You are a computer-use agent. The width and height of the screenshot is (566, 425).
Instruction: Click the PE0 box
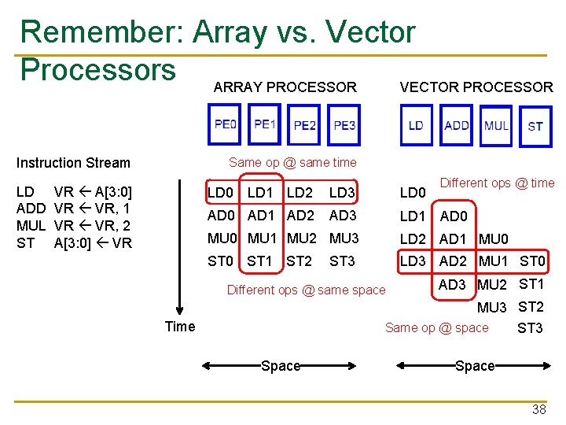226,124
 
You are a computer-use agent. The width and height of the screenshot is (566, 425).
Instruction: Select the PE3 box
344,125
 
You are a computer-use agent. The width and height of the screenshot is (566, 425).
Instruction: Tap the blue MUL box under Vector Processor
496,125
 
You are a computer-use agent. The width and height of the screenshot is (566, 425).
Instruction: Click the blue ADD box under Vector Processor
457,125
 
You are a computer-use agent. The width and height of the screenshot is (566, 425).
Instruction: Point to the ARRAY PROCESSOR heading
285,87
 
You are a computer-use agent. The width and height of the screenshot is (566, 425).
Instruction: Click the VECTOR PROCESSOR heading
476,87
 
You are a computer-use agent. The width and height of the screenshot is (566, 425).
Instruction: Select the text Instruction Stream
73,163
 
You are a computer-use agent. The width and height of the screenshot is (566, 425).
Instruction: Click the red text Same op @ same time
292,163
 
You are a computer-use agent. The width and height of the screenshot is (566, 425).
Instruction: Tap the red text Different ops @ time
497,183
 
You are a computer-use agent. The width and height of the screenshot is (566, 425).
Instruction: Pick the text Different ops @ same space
306,290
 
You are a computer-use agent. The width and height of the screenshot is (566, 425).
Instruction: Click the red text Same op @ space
436,327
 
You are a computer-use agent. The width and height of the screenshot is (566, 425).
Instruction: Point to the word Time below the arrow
180,326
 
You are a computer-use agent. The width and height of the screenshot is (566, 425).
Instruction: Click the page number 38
538,409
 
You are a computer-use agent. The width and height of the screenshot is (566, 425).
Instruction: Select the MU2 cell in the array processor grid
300,238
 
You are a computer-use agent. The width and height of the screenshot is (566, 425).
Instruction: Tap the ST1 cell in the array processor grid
259,261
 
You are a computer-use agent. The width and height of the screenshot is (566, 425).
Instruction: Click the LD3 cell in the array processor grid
342,193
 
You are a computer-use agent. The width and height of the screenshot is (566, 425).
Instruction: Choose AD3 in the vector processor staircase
452,285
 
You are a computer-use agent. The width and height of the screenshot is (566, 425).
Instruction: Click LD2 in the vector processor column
413,238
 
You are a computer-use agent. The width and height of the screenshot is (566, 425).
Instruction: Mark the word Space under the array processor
281,365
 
